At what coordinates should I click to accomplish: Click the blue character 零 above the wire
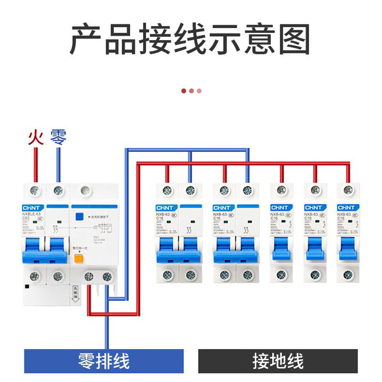click(58, 137)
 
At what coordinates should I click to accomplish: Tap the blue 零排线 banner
click(104, 361)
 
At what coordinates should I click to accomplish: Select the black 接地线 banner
click(278, 361)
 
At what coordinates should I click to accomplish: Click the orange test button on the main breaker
click(78, 259)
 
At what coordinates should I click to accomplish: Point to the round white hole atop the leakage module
click(86, 191)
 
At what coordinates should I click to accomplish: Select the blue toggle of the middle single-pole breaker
click(315, 248)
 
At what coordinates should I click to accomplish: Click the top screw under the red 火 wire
click(35, 191)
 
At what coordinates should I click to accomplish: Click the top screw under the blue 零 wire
click(58, 191)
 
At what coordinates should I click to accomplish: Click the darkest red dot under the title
click(184, 91)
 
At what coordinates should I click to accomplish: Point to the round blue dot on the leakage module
click(77, 215)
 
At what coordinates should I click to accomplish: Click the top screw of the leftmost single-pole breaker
click(281, 191)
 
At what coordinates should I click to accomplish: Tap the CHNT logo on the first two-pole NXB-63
click(167, 208)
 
